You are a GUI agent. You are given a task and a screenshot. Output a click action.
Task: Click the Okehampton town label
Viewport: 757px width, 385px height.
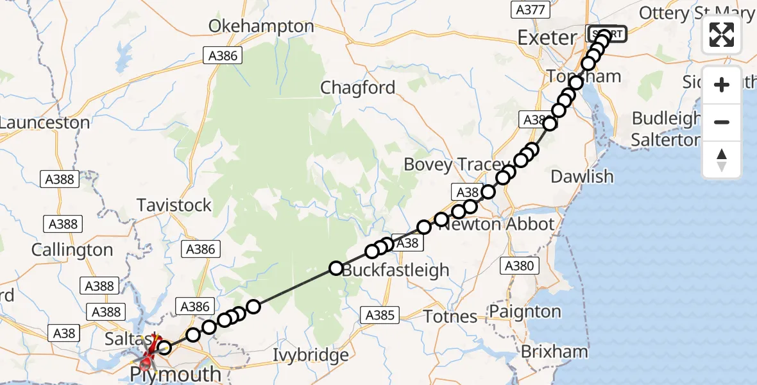(x=261, y=27)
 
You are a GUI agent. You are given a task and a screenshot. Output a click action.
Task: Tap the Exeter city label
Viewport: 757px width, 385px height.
(x=547, y=37)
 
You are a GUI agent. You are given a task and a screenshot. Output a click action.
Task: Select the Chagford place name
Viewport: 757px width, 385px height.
(x=357, y=88)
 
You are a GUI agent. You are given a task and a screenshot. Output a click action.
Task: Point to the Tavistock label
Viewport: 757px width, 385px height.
(x=174, y=205)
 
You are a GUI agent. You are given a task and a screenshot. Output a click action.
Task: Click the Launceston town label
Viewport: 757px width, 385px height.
(x=44, y=123)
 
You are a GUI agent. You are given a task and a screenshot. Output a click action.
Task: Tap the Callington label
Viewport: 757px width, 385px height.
(x=72, y=250)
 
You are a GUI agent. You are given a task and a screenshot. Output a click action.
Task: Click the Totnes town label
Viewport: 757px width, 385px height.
(x=450, y=316)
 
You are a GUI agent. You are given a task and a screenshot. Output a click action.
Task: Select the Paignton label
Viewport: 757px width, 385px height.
(x=525, y=312)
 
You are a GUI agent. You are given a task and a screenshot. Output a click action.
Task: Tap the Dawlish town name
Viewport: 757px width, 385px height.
(x=583, y=176)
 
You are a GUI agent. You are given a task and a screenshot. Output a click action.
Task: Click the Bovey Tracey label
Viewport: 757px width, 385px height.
(x=448, y=165)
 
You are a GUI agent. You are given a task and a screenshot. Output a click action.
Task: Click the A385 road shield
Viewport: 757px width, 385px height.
(x=380, y=315)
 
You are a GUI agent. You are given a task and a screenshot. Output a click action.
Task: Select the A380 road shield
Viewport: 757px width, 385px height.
(x=518, y=266)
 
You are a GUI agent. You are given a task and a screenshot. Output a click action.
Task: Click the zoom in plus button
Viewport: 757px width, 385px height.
(x=722, y=85)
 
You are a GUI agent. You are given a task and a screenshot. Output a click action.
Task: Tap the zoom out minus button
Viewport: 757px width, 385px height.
(x=722, y=122)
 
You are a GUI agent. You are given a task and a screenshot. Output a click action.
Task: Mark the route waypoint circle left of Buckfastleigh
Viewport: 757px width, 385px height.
(x=336, y=268)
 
